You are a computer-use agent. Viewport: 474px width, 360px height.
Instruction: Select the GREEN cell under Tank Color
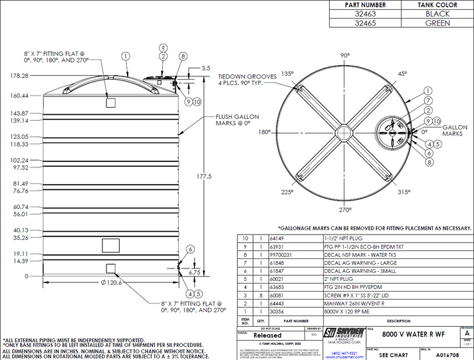[x=437, y=23]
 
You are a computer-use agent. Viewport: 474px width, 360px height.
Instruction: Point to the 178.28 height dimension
[x=18, y=76]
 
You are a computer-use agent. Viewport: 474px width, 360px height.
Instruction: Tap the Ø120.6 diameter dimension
[x=112, y=282]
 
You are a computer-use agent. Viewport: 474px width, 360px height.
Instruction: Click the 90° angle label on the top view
[x=345, y=56]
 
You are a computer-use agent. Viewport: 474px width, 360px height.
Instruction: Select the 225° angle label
[x=287, y=192]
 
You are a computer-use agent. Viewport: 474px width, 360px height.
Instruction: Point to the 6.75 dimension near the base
[x=195, y=272]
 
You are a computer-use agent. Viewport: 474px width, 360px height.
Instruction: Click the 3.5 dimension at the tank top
[x=205, y=68]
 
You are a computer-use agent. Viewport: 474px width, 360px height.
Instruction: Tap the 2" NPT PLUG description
[x=341, y=280]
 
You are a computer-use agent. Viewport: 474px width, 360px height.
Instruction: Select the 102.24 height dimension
[x=18, y=160]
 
